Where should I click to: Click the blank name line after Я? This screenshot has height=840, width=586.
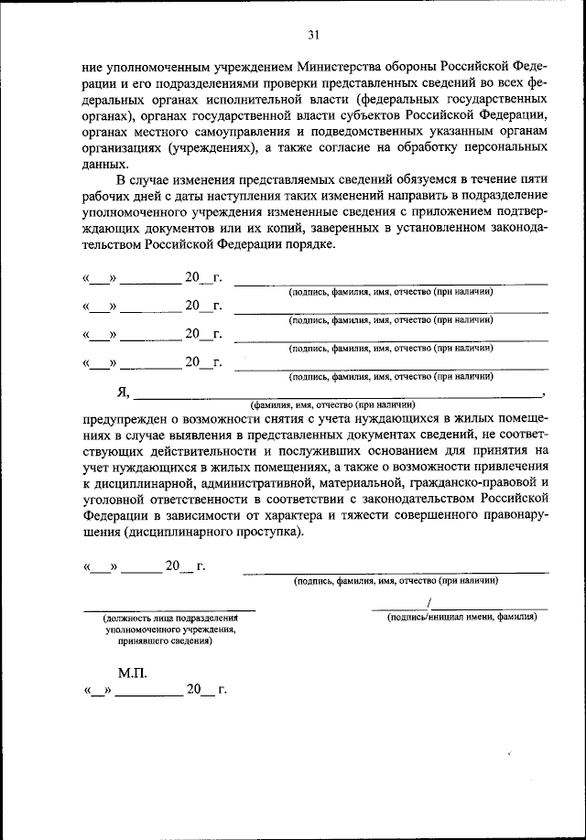(339, 396)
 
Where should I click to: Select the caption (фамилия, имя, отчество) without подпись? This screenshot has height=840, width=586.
(333, 404)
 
